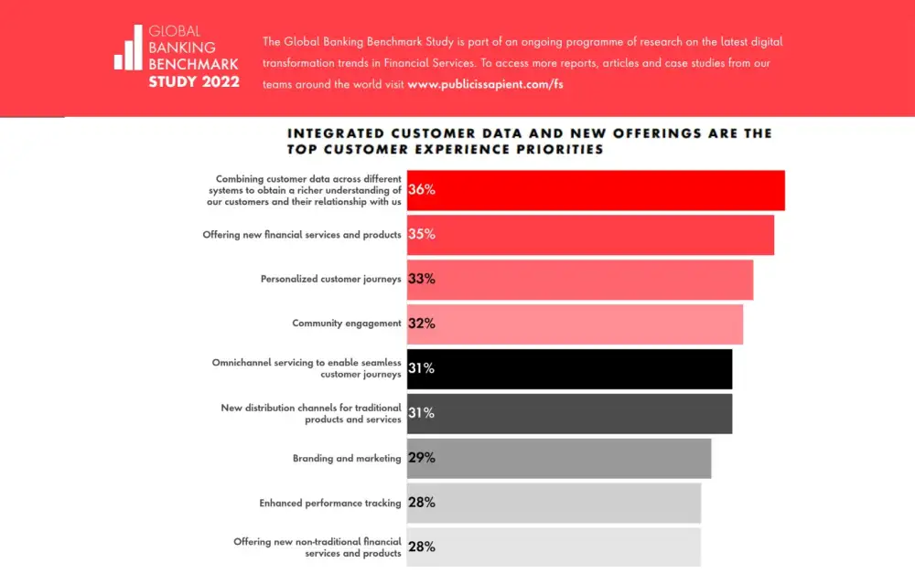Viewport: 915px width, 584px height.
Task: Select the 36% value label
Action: pos(422,190)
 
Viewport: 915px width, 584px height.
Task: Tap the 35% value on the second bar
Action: pos(422,235)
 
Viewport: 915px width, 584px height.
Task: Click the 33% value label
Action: pos(422,280)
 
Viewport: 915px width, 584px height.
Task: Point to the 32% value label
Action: pos(422,324)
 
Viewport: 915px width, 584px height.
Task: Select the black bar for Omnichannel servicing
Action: pos(569,369)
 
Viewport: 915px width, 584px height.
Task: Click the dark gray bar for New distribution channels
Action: pos(569,413)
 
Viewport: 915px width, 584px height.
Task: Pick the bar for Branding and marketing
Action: pos(558,458)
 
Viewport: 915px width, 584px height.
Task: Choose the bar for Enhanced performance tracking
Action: pos(554,503)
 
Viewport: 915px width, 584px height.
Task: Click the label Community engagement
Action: pos(347,324)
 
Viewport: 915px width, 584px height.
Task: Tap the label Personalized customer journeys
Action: pos(331,280)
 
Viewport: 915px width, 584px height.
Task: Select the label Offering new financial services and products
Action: pos(302,235)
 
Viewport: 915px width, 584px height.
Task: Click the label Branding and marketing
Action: pos(347,459)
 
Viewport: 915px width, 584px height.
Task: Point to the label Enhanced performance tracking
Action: pos(330,503)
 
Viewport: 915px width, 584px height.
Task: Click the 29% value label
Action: pos(422,458)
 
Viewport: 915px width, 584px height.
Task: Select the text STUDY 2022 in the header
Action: pos(194,82)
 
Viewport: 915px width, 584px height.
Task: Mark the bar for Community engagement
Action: pos(575,324)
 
